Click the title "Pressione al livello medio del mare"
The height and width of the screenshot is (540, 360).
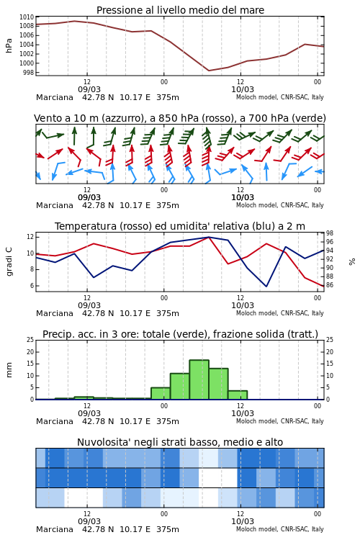(x=180, y=10)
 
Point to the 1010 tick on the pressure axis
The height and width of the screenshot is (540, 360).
(x=27, y=17)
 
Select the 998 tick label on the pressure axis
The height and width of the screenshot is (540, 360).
(x=28, y=73)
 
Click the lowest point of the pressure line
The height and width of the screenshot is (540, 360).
(x=209, y=71)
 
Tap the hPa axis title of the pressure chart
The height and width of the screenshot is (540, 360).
(x=9, y=45)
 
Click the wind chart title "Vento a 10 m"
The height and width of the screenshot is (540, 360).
(x=64, y=118)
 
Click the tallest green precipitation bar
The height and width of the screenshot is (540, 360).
(x=199, y=379)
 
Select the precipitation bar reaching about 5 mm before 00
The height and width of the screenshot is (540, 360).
(x=161, y=393)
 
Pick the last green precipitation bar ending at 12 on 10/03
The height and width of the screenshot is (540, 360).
(x=238, y=395)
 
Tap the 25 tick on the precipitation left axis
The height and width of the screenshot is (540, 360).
(x=30, y=340)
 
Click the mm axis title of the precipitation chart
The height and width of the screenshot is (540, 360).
(x=9, y=370)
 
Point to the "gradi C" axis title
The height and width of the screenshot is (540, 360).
(x=9, y=262)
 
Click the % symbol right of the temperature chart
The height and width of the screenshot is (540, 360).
(x=352, y=262)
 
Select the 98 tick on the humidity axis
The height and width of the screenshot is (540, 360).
(x=329, y=233)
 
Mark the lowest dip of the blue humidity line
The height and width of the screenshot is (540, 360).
(x=266, y=286)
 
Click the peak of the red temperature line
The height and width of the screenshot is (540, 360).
(x=209, y=238)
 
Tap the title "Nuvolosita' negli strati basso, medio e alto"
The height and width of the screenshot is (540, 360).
(x=180, y=442)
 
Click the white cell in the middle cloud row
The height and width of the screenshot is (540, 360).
(x=218, y=477)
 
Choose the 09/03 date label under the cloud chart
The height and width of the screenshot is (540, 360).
(x=89, y=521)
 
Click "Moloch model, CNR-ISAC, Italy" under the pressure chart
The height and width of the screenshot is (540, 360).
(x=280, y=97)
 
